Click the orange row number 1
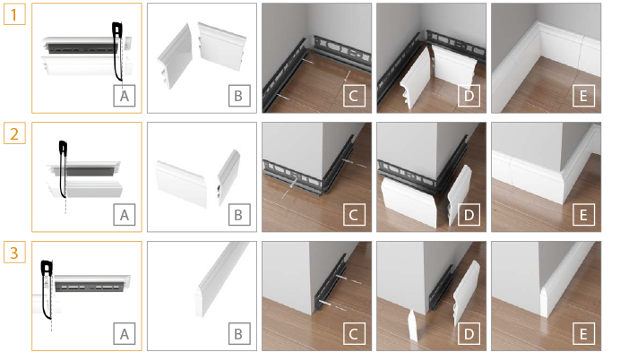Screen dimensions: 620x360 point(14,14)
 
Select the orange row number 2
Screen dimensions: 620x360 point(14,133)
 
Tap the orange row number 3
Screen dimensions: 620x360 point(14,253)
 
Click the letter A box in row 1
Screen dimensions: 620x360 point(125,96)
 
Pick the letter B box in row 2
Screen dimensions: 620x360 point(239,215)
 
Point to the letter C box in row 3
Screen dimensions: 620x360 point(354,334)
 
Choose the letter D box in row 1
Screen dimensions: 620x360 point(469,96)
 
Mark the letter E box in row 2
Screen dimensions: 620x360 point(583,215)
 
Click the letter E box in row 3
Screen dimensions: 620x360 point(583,334)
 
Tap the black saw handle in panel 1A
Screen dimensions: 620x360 point(117,30)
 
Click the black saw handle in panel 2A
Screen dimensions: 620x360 point(64,147)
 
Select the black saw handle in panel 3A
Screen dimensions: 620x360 point(47,268)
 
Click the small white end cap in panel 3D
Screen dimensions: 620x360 point(412,325)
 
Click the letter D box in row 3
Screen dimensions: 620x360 point(469,334)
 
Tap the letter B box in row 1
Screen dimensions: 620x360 point(239,96)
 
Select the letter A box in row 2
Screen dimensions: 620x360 point(125,215)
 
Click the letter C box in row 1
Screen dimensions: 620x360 point(354,96)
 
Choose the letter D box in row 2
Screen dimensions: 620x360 point(469,215)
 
